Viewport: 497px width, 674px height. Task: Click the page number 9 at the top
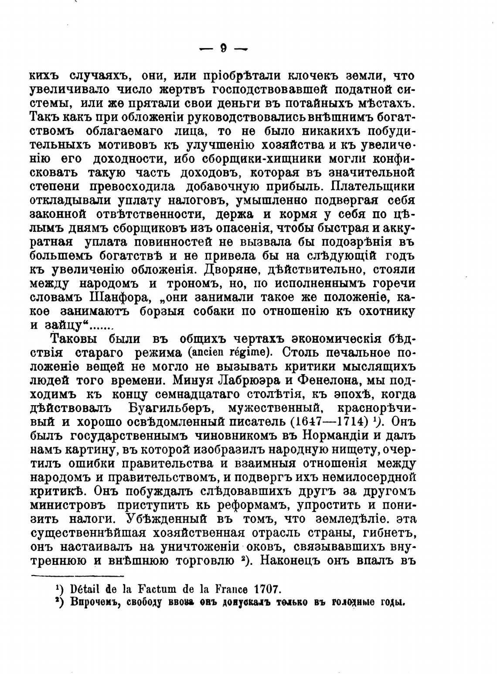coord(223,49)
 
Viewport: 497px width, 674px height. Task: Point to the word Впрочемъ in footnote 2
coord(91,602)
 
